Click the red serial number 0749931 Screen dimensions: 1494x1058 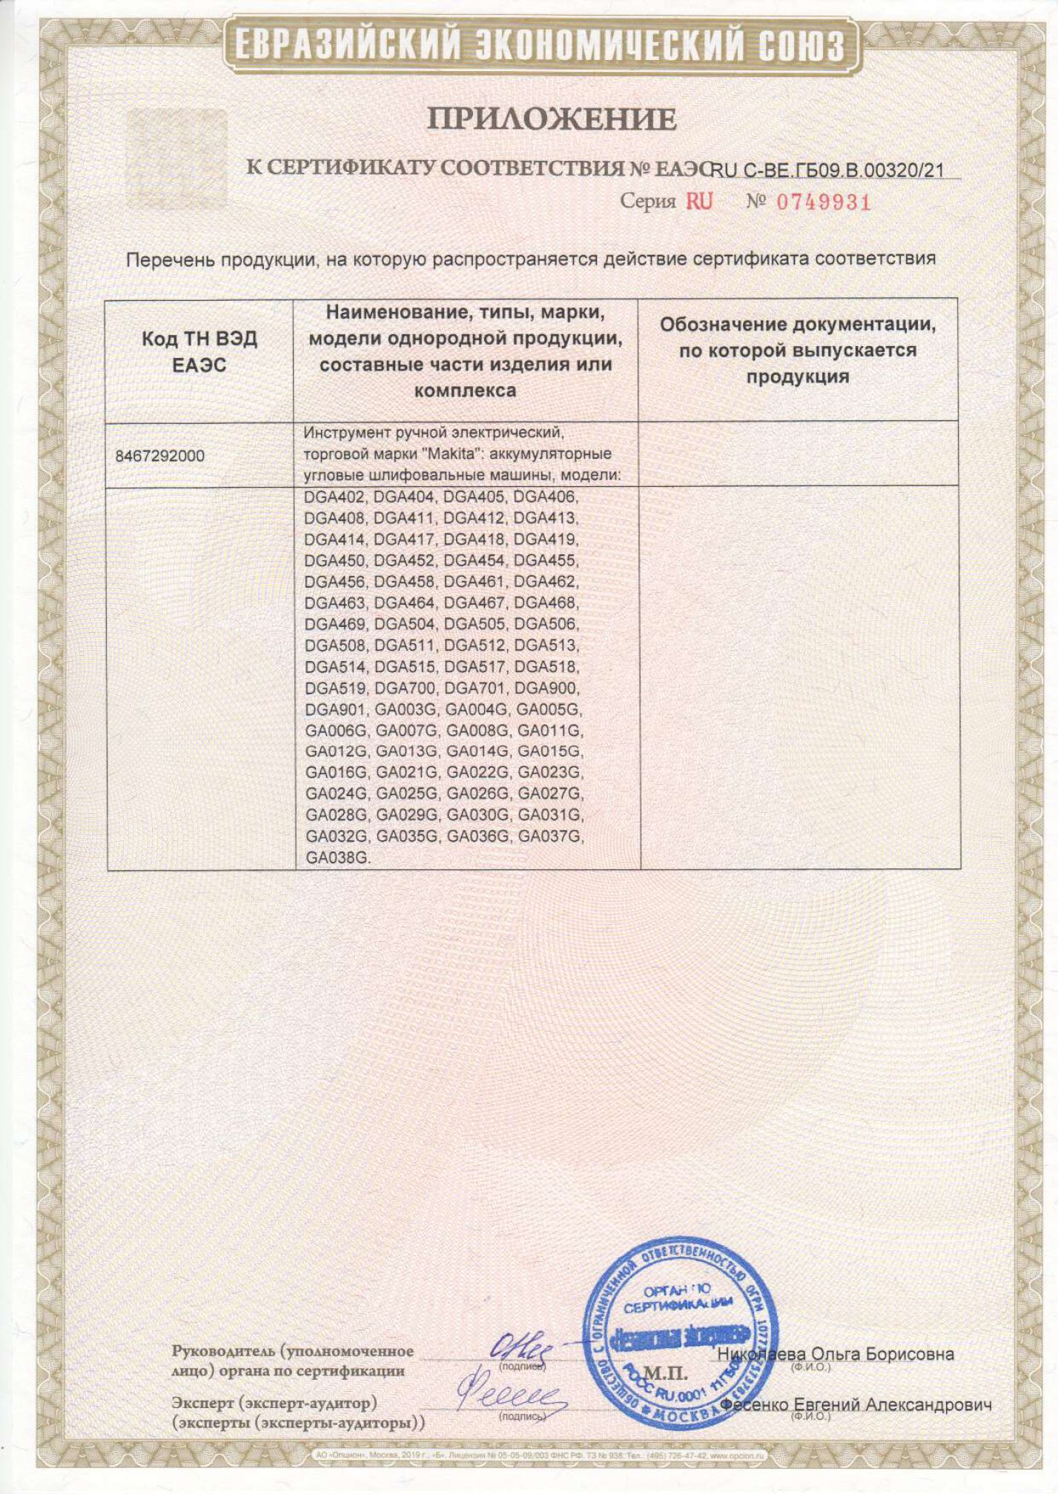823,202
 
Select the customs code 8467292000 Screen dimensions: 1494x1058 159,456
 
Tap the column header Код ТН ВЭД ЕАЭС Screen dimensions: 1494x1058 199,352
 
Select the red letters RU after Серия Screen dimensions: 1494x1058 698,202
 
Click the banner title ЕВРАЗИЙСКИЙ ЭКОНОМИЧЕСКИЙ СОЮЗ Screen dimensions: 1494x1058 540,46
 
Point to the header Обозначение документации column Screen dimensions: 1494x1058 797,351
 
